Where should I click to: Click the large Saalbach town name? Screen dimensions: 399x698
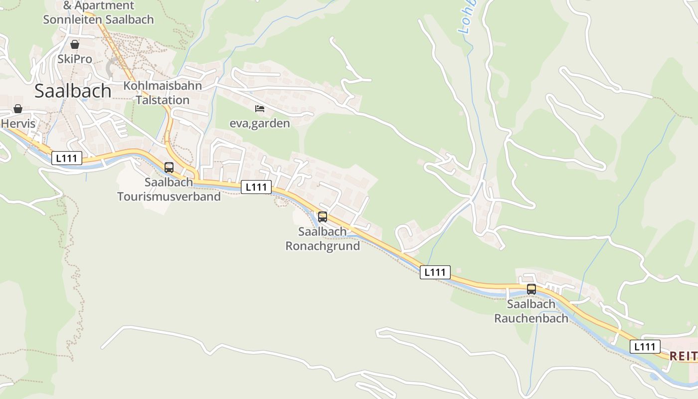coord(73,91)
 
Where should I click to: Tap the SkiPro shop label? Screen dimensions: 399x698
coord(75,59)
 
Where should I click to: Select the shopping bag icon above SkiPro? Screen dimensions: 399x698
coord(75,45)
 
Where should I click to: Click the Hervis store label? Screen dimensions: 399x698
coord(18,123)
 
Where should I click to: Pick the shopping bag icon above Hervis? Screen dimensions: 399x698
coord(18,109)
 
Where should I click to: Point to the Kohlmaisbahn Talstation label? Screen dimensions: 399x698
coord(163,93)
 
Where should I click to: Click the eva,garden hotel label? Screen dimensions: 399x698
coord(259,123)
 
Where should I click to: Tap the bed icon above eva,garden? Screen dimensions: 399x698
coord(259,109)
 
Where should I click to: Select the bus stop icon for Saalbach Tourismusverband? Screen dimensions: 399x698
coord(169,168)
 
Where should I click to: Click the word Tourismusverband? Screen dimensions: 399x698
coord(169,197)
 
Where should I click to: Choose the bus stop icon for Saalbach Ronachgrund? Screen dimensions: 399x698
coord(323,217)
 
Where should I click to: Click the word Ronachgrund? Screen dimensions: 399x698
coord(323,246)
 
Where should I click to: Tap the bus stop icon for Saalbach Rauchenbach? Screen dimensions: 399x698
coord(531,289)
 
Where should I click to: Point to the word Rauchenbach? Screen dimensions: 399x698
coord(531,318)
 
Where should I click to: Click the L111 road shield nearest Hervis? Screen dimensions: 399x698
coord(67,159)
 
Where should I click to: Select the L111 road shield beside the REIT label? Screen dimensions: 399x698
coord(645,347)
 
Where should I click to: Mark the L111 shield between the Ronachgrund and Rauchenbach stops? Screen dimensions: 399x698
coord(435,272)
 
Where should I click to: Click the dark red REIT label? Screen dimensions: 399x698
coord(683,356)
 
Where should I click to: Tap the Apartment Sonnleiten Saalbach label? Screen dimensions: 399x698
coord(99,13)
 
